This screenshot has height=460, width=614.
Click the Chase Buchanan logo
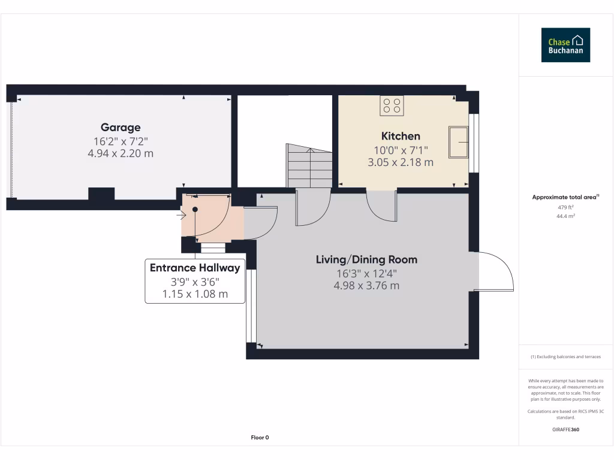pos(565,45)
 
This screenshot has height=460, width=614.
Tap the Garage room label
pos(121,127)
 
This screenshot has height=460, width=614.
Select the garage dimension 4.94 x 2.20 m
pos(121,153)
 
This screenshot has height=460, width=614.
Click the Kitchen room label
pos(401,136)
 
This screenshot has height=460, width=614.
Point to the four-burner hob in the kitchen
pos(392,106)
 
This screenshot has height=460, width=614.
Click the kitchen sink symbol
pos(459,142)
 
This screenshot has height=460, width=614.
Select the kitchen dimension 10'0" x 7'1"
pos(401,150)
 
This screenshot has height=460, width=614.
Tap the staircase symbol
pos(309,166)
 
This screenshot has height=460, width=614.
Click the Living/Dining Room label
pos(366,259)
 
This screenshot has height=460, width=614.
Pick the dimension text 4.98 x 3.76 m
pos(366,286)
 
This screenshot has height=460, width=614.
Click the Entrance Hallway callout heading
pos(195,268)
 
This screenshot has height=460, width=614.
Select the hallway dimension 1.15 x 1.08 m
pos(195,294)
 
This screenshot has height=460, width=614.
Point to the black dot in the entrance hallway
pos(195,209)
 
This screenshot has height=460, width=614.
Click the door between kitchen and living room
pos(381,205)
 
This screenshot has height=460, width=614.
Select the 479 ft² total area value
pos(565,207)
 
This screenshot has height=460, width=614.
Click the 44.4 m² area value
pos(565,216)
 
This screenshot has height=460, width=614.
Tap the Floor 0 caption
pos(260,437)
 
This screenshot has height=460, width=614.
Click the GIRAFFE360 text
pos(565,429)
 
